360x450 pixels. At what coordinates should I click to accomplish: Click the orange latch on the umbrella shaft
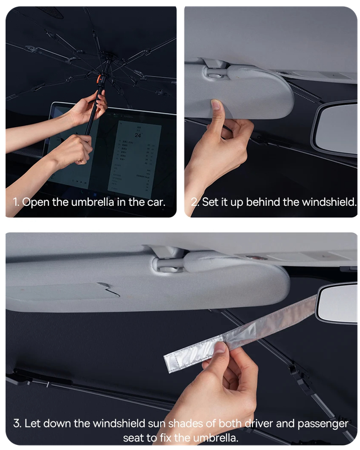tap(100, 79)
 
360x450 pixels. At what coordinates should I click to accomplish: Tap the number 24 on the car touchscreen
tap(138, 135)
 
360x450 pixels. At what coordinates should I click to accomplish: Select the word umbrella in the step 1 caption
tap(92, 202)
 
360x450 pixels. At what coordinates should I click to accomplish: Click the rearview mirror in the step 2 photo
tap(336, 129)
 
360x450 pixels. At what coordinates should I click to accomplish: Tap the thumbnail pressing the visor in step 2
tap(215, 104)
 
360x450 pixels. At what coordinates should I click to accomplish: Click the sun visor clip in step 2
tap(215, 72)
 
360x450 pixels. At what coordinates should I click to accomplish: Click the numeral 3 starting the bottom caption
tap(16, 424)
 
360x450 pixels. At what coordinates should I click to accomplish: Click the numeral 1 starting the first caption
tap(15, 202)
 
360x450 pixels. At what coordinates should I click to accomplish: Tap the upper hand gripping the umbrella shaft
tap(92, 107)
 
